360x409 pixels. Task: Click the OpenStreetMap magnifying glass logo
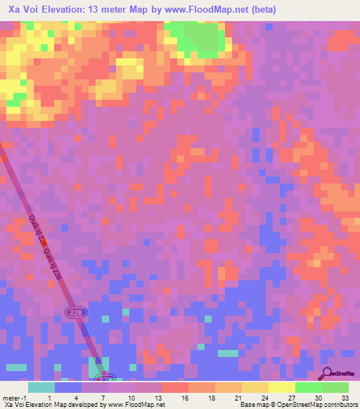click(x=327, y=373)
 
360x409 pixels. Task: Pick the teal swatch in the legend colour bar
click(x=41, y=387)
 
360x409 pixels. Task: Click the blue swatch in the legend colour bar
click(x=68, y=387)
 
